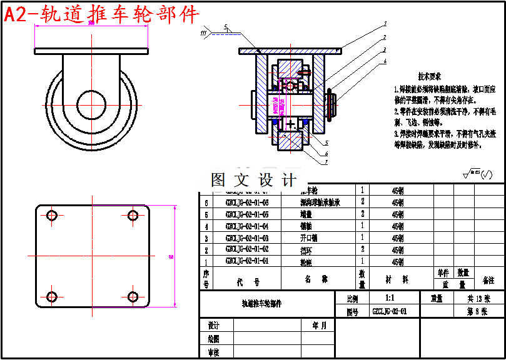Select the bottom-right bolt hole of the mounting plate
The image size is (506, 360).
click(x=133, y=296)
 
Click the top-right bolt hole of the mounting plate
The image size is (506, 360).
click(x=133, y=216)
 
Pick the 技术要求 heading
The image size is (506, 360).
click(x=431, y=76)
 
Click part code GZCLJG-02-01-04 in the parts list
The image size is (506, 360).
click(x=247, y=226)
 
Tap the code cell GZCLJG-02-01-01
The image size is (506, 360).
click(x=247, y=261)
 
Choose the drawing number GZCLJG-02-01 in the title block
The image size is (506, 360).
click(x=390, y=311)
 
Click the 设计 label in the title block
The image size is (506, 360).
click(x=213, y=326)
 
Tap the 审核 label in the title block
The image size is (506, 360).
click(x=213, y=352)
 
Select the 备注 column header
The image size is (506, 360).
click(x=488, y=281)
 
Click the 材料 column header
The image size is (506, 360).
click(x=397, y=281)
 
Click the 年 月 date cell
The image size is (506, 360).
click(x=315, y=326)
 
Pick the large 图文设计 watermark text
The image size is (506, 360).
click(x=253, y=181)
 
